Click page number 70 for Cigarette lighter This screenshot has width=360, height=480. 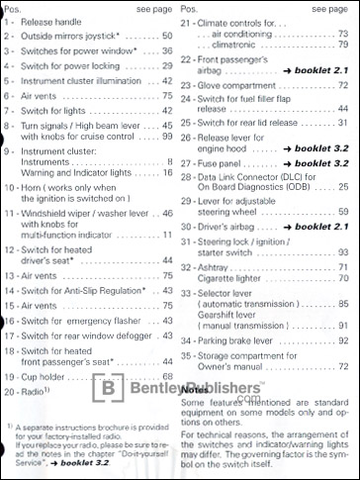pos(343,280)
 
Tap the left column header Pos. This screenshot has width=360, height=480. pos(14,8)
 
